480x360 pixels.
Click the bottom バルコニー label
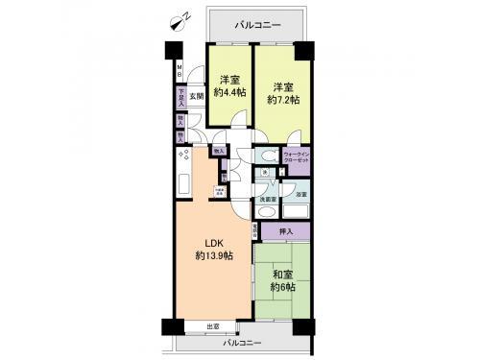click(244, 341)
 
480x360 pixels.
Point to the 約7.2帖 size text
click(283, 99)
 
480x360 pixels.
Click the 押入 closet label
click(285, 230)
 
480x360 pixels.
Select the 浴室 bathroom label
click(300, 194)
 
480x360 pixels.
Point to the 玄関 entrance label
click(196, 96)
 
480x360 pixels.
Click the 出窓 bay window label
click(212, 327)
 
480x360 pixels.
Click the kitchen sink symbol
click(182, 183)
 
